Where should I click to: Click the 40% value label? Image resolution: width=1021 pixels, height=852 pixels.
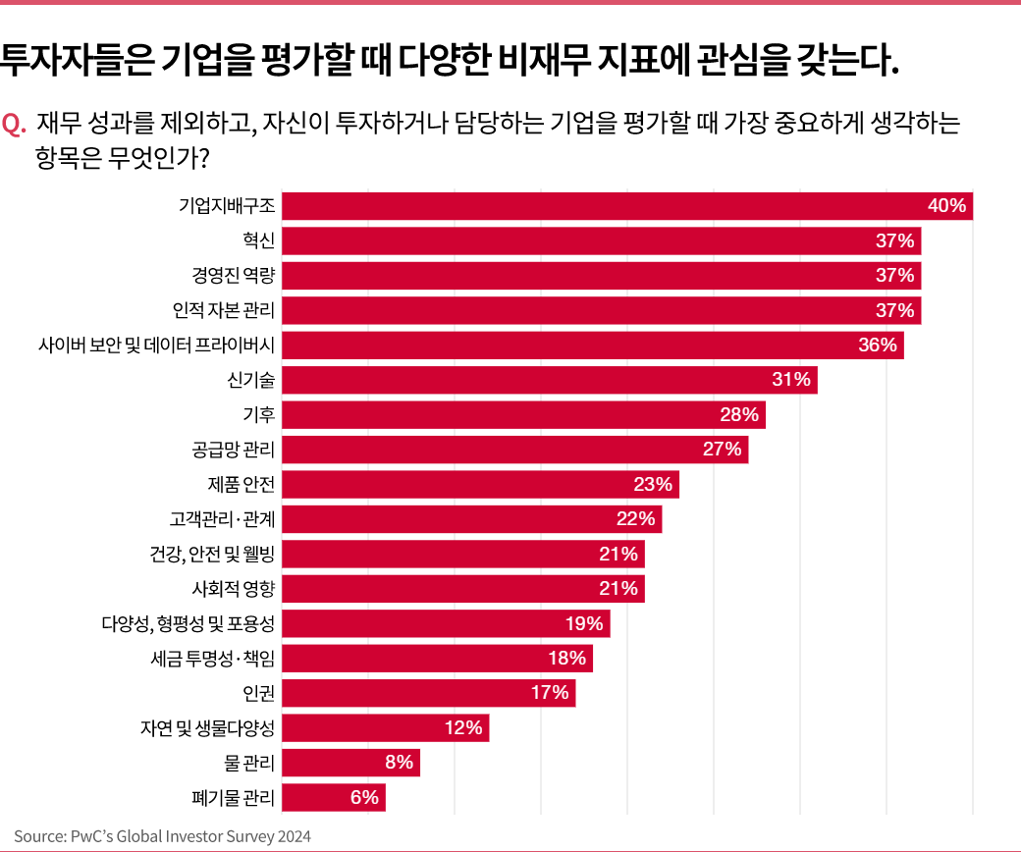pos(947,206)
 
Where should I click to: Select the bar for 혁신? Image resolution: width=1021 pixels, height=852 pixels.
pos(601,240)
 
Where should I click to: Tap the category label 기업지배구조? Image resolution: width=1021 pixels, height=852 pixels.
pos(227,206)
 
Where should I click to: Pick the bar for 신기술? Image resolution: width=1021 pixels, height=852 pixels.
pos(549,380)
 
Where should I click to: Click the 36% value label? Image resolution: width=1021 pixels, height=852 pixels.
pos(878,345)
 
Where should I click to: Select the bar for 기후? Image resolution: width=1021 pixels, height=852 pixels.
pos(523,415)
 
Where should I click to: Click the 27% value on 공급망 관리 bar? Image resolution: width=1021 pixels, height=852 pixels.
pos(722,450)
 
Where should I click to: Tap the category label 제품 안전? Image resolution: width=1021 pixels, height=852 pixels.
pos(242,485)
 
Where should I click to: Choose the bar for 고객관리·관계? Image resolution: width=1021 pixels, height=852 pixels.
pos(471,519)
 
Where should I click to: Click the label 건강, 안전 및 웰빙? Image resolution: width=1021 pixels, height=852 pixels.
pos(206,555)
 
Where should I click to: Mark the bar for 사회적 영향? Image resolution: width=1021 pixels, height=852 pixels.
pos(462,589)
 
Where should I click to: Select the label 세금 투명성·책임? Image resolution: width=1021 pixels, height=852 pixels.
pos(207,659)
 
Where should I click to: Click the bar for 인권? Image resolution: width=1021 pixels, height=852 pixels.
pos(428,693)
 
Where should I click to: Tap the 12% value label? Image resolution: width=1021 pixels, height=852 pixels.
pos(462,728)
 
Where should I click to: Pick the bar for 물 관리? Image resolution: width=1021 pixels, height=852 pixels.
pos(350,763)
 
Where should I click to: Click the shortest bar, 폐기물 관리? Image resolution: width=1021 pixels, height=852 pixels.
pos(333,798)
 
